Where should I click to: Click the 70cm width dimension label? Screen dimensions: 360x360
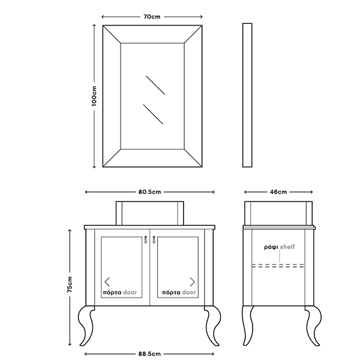[x=152, y=17]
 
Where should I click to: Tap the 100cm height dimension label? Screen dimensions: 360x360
[x=94, y=96]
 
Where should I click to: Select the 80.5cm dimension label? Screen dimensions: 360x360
[x=149, y=192]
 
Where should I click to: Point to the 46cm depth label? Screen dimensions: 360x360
[x=278, y=192]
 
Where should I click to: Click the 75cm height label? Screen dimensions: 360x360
[x=70, y=284]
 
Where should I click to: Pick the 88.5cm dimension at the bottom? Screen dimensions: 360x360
[x=149, y=354]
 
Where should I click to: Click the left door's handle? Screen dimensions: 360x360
[x=146, y=239]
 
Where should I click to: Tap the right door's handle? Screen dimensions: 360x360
[x=154, y=239]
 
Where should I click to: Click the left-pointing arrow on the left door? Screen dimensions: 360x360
[x=107, y=282]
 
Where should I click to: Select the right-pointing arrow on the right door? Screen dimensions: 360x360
[x=193, y=282]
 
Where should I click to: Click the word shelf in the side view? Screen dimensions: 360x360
[x=287, y=247]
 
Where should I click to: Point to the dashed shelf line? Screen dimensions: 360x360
[x=278, y=266]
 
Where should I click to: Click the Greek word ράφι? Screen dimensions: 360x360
[x=271, y=247]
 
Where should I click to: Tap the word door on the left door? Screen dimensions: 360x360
[x=130, y=293]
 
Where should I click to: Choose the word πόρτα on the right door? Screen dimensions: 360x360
[x=171, y=293]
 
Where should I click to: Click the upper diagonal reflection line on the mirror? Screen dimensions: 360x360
[x=155, y=85]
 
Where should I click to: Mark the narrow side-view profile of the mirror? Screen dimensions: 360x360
[x=247, y=95]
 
